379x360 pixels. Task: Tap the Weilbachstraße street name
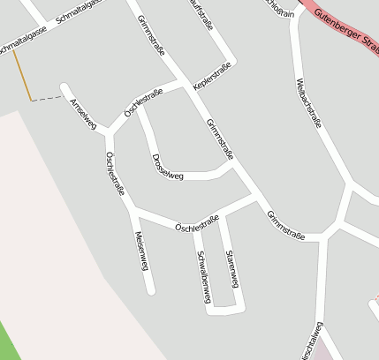click(x=307, y=104)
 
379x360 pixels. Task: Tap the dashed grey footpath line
click(x=49, y=99)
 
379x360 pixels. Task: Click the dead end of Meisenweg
click(x=152, y=290)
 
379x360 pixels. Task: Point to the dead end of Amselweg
click(x=64, y=86)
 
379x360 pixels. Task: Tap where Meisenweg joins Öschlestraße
click(x=132, y=210)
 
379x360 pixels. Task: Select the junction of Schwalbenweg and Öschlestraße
click(x=196, y=226)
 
